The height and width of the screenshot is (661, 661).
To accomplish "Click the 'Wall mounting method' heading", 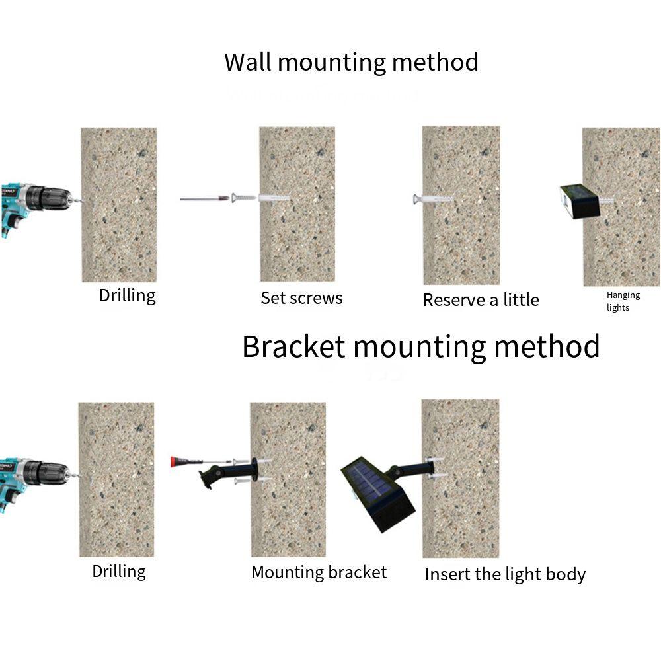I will (351, 63).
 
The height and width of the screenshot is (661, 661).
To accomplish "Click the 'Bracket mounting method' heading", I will (420, 346).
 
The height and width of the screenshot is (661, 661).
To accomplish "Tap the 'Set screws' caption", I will (301, 298).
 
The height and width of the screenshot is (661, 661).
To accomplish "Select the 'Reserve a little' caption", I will (481, 300).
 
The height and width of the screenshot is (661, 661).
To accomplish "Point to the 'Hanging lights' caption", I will (623, 301).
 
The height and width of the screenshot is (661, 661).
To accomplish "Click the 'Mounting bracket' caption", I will (319, 572).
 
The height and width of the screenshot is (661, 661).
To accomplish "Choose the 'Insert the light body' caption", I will (504, 574).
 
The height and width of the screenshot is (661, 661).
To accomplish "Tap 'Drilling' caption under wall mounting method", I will (127, 295).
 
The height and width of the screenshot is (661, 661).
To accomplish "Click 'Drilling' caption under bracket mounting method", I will (118, 571).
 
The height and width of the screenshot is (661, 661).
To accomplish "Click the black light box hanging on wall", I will (580, 201).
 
